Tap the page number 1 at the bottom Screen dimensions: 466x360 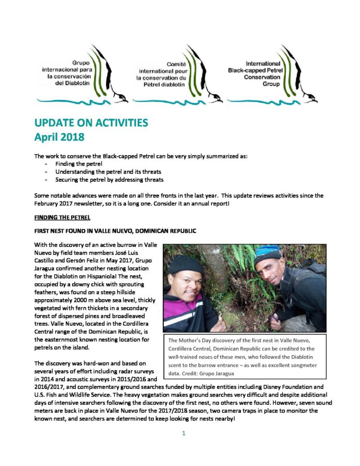tap(183, 433)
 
